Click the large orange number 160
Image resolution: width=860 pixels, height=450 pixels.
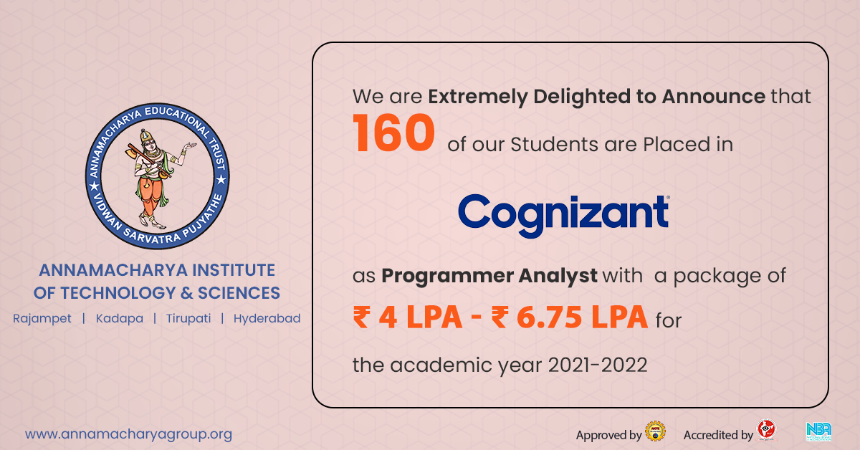pos(394,133)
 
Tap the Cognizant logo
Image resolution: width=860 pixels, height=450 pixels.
pos(563,216)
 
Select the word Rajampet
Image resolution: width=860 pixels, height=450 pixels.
pos(42,319)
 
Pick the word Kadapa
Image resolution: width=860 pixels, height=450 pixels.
pos(120,319)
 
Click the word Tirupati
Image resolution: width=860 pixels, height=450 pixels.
pos(188,319)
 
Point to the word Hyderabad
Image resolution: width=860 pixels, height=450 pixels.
pos(267,319)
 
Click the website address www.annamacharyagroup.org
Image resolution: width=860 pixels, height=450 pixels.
pos(128,435)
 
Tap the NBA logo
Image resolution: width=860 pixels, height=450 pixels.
pos(818,431)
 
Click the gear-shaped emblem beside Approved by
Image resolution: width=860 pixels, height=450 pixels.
pos(655,431)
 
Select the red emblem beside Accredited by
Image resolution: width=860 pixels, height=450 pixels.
pos(766,429)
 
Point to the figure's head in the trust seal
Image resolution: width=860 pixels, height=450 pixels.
pos(147,139)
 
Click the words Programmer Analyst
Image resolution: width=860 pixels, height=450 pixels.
pos(489,276)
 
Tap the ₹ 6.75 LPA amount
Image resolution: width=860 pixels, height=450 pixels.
pos(570,317)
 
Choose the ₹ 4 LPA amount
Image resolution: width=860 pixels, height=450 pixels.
pos(407,317)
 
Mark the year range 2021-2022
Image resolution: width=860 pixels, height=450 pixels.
pos(598,365)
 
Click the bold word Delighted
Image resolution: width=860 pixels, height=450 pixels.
pos(581,97)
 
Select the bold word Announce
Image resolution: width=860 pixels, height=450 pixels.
pos(714,96)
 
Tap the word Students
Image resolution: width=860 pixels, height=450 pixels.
pos(555,145)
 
